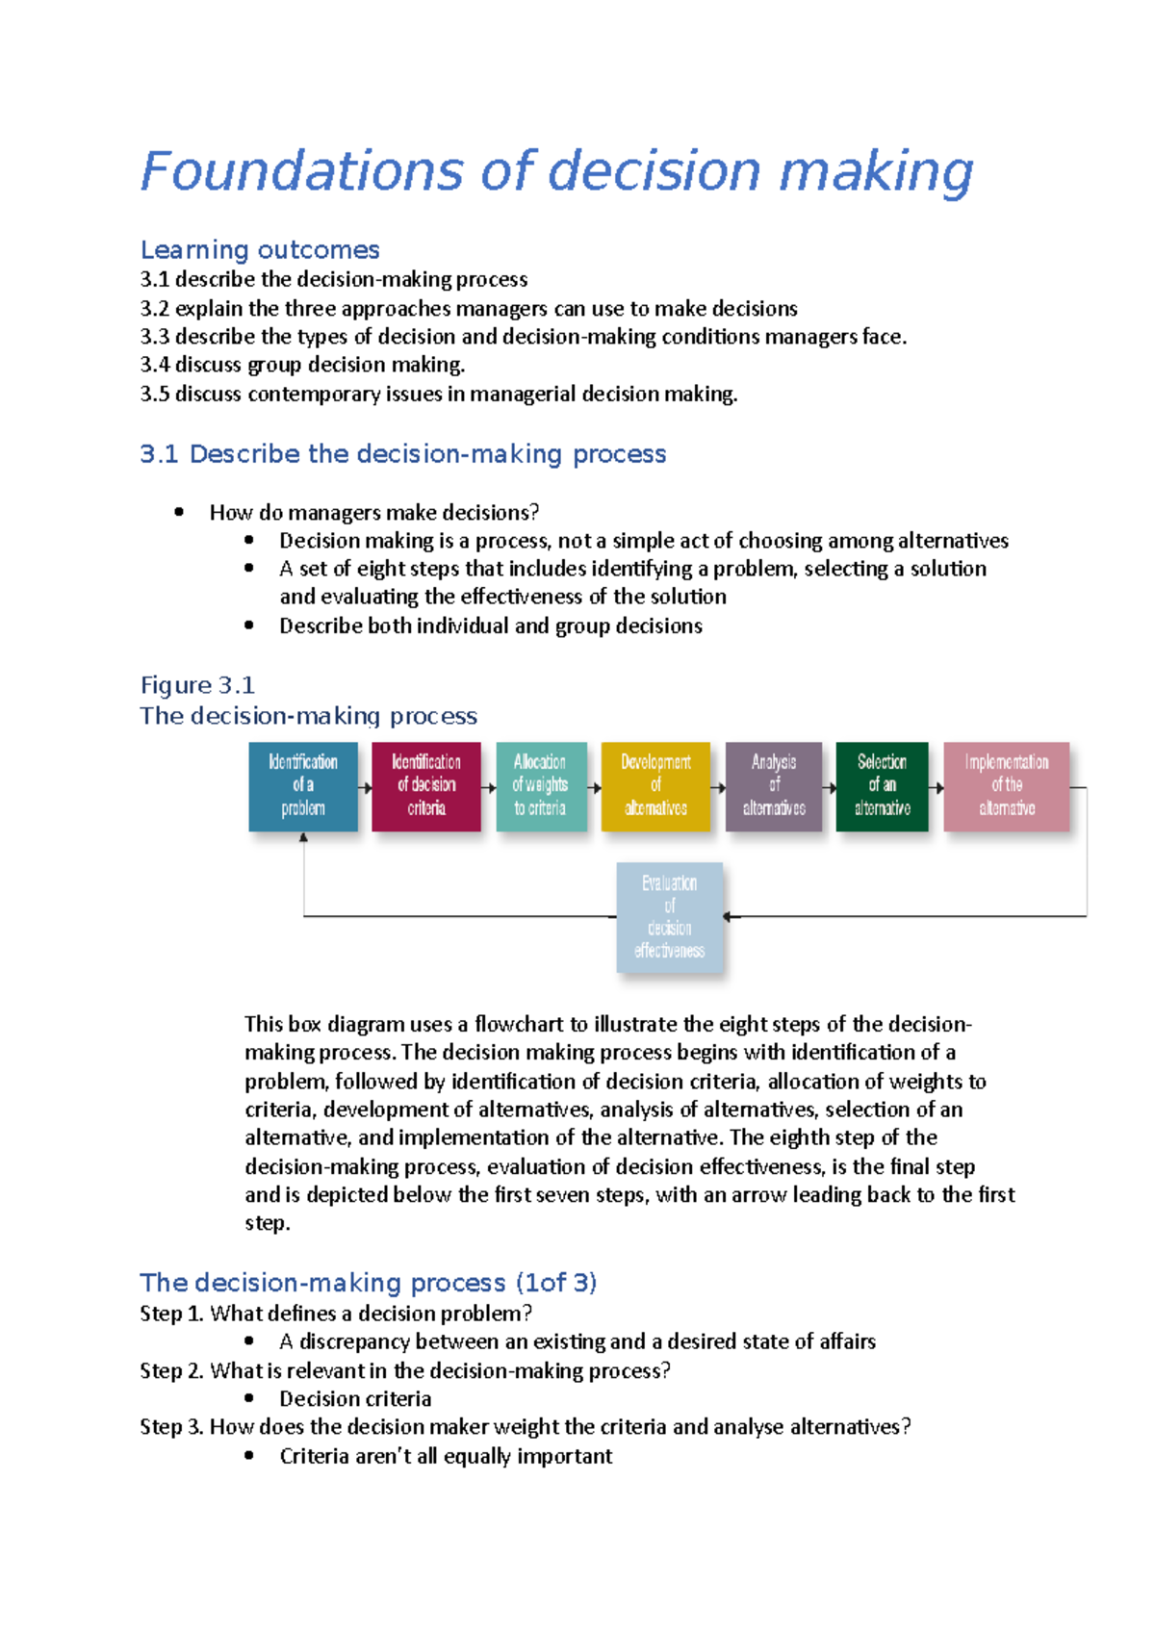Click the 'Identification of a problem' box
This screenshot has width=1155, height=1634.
click(x=303, y=786)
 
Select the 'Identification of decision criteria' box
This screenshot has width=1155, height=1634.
click(x=426, y=786)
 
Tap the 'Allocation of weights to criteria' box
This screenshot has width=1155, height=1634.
click(x=541, y=786)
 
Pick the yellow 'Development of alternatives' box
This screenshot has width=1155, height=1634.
click(x=655, y=786)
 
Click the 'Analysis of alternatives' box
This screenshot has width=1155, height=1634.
click(x=774, y=786)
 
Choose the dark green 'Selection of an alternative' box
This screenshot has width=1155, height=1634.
click(x=882, y=786)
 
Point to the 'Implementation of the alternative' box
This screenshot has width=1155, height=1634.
click(x=1007, y=786)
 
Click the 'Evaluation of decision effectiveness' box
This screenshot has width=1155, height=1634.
click(x=670, y=917)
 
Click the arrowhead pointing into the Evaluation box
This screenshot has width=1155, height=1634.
click(x=728, y=917)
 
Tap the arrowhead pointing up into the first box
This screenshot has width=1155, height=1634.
click(x=304, y=838)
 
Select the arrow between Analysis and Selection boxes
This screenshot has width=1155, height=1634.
click(x=829, y=788)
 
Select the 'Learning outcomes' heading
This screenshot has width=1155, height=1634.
click(x=260, y=250)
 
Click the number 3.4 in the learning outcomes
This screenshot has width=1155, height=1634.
click(x=154, y=365)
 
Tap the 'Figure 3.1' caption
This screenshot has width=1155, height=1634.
click(x=197, y=685)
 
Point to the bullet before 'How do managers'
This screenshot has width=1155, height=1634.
click(x=179, y=512)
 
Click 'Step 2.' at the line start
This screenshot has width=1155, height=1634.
click(x=171, y=1370)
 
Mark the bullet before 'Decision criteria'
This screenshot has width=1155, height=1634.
click(x=249, y=1398)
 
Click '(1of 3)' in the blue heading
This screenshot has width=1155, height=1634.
click(x=556, y=1283)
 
